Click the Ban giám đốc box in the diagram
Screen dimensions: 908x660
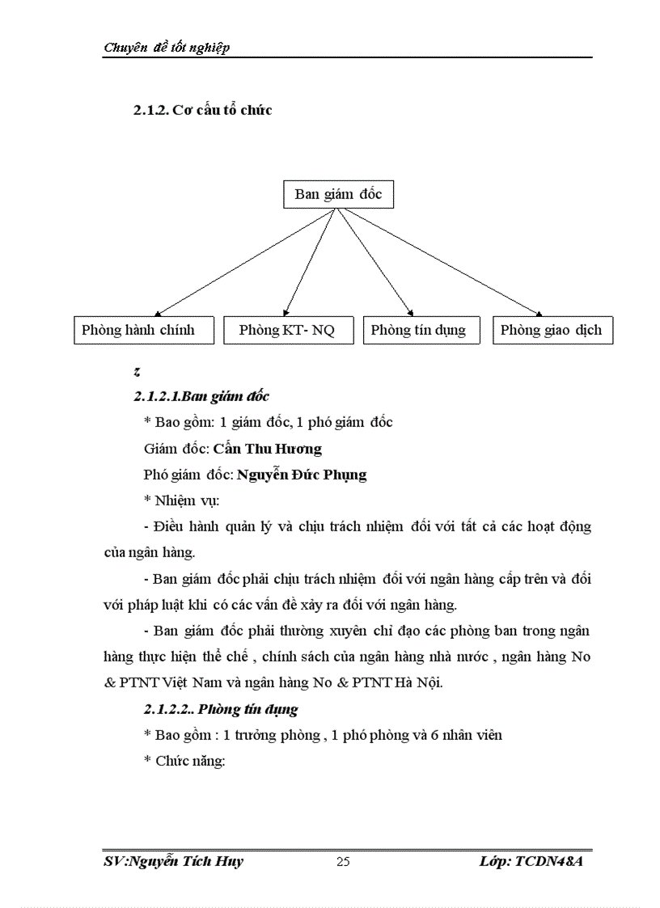click(338, 194)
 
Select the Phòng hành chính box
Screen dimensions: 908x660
click(144, 330)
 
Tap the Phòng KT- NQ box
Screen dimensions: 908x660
click(286, 330)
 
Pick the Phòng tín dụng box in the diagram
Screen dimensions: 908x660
click(420, 330)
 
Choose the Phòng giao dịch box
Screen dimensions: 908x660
click(552, 330)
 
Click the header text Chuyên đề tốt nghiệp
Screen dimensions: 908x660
click(167, 47)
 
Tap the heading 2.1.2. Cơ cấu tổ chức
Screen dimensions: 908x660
click(202, 110)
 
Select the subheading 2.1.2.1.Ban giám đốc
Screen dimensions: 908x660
click(201, 396)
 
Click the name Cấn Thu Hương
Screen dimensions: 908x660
click(268, 448)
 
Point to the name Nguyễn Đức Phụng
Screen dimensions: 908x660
click(302, 474)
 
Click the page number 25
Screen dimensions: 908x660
click(343, 862)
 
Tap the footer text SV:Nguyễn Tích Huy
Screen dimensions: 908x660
click(174, 861)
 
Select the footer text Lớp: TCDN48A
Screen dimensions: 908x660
click(531, 861)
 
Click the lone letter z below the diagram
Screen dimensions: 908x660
click(137, 372)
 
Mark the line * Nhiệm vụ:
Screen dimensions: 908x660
click(176, 500)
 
